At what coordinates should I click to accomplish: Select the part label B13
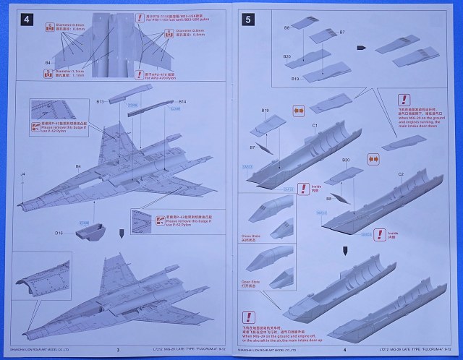101,102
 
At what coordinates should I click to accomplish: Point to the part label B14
182,102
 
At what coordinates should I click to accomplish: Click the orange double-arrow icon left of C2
373,158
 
